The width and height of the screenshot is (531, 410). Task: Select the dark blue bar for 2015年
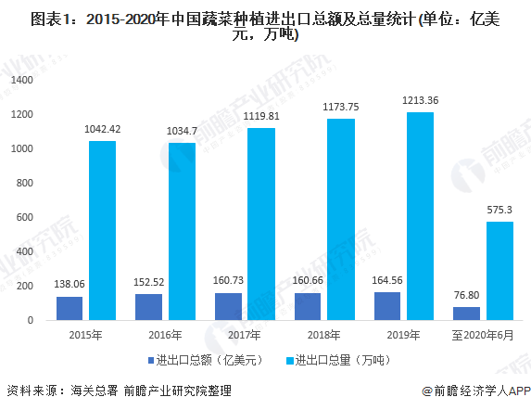(x=69, y=308)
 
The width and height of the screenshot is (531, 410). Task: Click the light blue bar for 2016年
(x=182, y=231)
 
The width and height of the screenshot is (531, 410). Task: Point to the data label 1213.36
(x=420, y=100)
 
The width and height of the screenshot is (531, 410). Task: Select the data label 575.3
(x=499, y=210)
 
